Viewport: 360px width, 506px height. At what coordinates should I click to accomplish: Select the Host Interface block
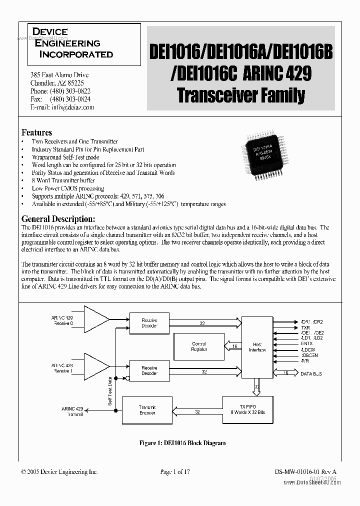click(257, 347)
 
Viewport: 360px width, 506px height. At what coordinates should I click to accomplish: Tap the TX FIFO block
click(248, 409)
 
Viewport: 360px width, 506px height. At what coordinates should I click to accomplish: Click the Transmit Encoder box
click(147, 410)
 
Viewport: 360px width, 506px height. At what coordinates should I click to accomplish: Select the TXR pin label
click(305, 327)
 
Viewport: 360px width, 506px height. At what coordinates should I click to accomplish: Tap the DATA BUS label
click(311, 373)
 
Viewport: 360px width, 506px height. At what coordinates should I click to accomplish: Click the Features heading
click(36, 132)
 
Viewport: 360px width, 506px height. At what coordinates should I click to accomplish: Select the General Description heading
click(58, 219)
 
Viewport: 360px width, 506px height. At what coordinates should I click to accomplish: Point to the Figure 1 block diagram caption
click(182, 443)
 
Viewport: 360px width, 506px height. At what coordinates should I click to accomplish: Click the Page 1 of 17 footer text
click(175, 471)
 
